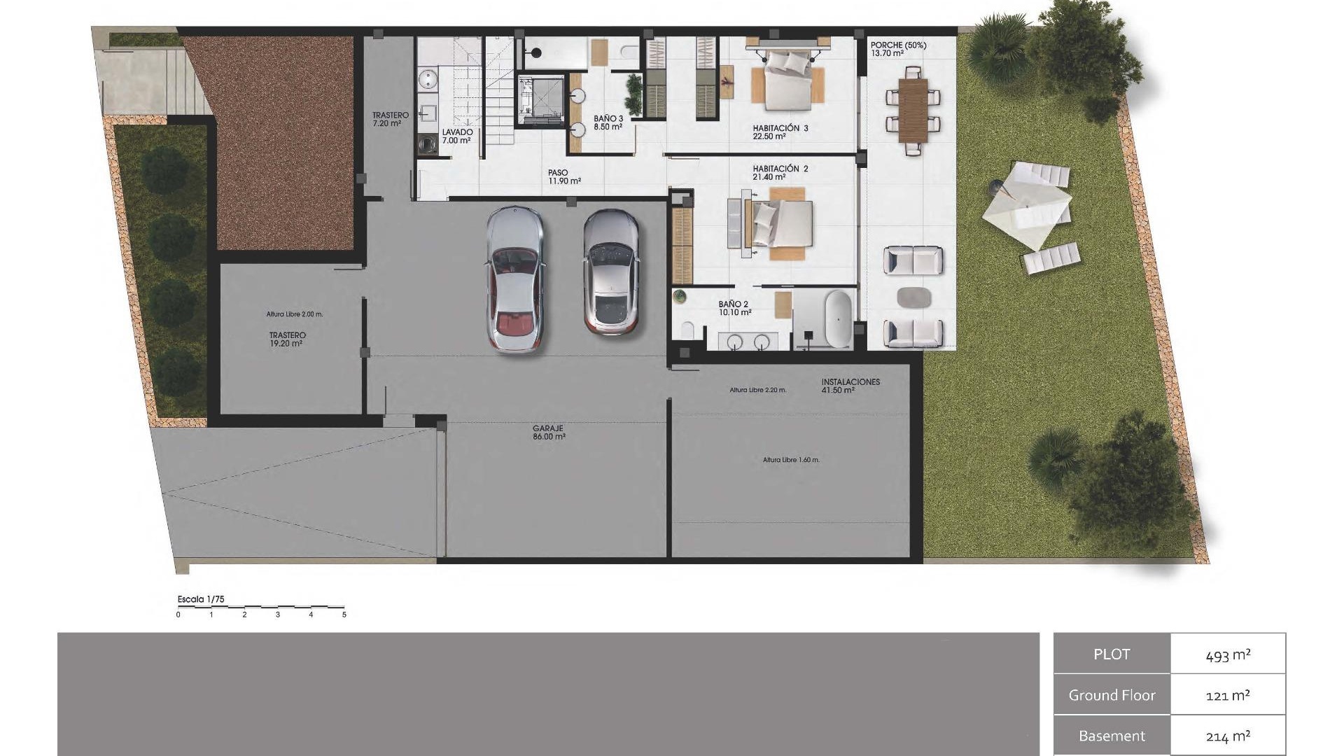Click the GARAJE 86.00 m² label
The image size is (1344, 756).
[x=549, y=433]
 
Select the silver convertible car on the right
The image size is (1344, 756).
[x=611, y=272]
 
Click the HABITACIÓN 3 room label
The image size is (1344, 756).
[x=780, y=132]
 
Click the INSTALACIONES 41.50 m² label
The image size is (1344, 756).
[x=850, y=386]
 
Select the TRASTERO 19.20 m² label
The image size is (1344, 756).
[x=287, y=339]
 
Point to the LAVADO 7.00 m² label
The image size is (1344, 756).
[x=457, y=136]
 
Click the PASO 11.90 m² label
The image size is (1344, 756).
[x=564, y=176]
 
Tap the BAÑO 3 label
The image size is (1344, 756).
[x=608, y=123]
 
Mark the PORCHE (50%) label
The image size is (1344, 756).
[x=897, y=49]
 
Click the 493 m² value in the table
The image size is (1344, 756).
[x=1227, y=654]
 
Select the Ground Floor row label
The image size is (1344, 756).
[x=1112, y=695]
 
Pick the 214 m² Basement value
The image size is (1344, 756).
[x=1227, y=736]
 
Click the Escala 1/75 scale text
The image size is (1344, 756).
[x=201, y=599]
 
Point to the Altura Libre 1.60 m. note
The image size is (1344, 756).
[x=791, y=460]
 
